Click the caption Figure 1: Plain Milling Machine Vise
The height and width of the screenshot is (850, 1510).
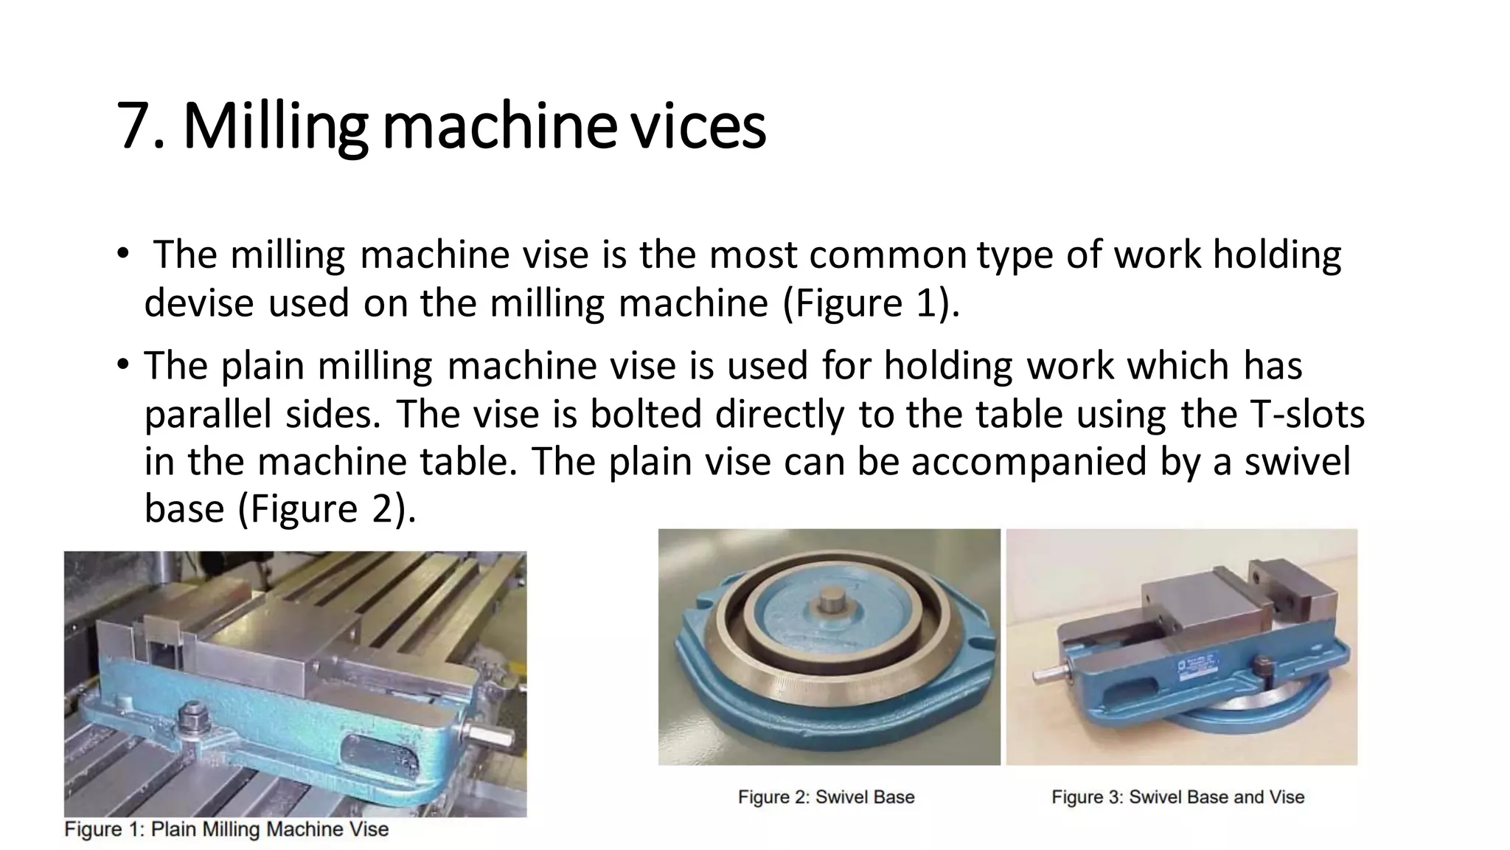[226, 829]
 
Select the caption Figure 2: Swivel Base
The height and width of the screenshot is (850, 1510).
[826, 797]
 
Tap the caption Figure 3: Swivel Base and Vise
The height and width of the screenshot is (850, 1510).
[1177, 797]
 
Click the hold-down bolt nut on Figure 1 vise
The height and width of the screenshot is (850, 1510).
[195, 713]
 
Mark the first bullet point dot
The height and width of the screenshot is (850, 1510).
[122, 255]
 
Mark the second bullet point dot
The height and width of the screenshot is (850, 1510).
[122, 365]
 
